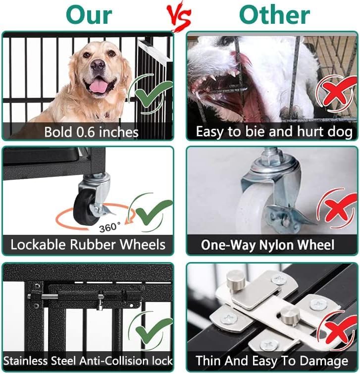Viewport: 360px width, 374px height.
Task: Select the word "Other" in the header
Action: [x=275, y=14]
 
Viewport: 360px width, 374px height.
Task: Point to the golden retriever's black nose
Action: [x=98, y=64]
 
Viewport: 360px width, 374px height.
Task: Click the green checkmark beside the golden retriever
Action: [x=151, y=92]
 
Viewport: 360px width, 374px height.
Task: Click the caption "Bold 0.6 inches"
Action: [x=91, y=132]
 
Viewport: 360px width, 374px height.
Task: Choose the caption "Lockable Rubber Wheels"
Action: [x=88, y=245]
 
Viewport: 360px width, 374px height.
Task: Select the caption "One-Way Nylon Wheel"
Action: [x=267, y=245]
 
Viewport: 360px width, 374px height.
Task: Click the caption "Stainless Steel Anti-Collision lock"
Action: [x=88, y=360]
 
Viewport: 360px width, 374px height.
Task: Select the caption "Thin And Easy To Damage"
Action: [x=271, y=360]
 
